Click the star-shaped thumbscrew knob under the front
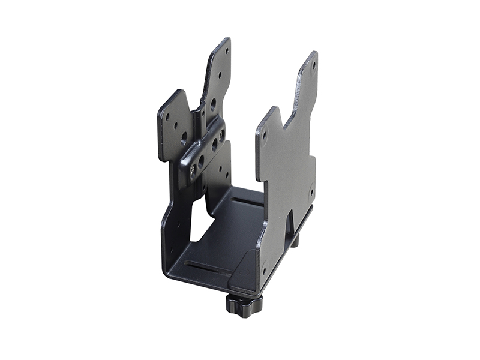pyautogui.click(x=244, y=303)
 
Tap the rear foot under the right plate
pyautogui.click(x=295, y=241)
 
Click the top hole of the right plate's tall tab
pyautogui.click(x=313, y=65)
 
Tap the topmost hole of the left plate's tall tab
pyautogui.click(x=226, y=51)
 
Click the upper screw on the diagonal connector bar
pyautogui.click(x=221, y=136)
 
